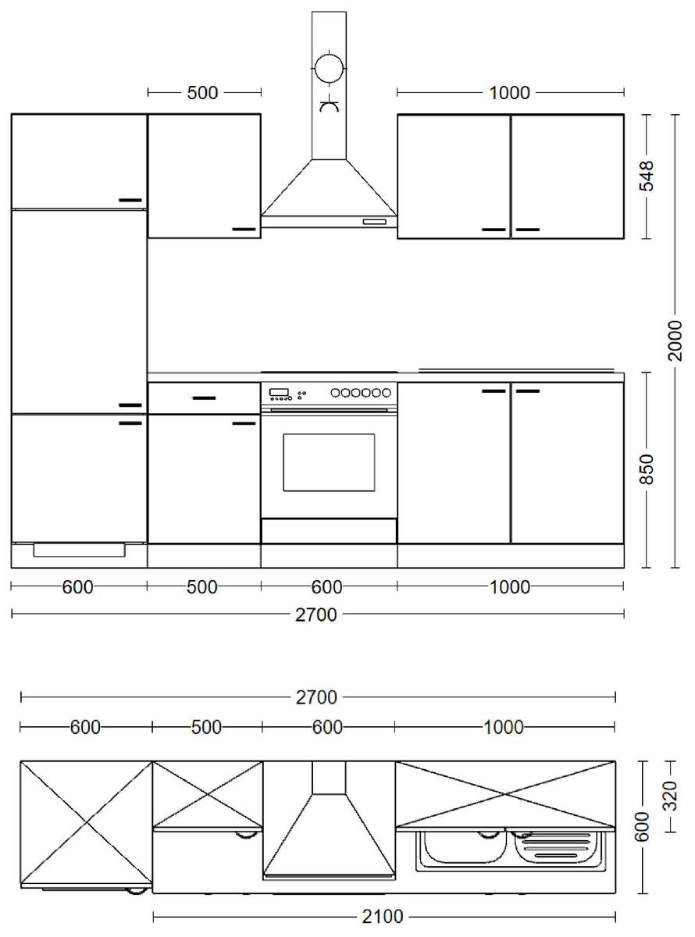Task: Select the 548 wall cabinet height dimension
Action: point(647,176)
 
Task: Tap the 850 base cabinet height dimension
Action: point(647,469)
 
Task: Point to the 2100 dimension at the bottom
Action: point(384,916)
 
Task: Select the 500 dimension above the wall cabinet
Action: point(202,93)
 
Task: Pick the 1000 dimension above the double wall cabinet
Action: point(509,93)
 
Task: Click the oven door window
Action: point(328,462)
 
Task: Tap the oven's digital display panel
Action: point(279,391)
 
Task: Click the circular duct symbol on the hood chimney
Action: point(329,69)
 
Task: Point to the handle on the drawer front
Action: point(204,398)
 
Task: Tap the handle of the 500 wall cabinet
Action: point(244,229)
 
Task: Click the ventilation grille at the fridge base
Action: point(79,550)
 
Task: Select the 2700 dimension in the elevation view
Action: point(316,615)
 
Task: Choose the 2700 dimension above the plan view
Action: point(316,697)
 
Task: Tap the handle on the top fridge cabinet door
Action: point(130,200)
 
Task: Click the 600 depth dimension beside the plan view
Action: point(643,828)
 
